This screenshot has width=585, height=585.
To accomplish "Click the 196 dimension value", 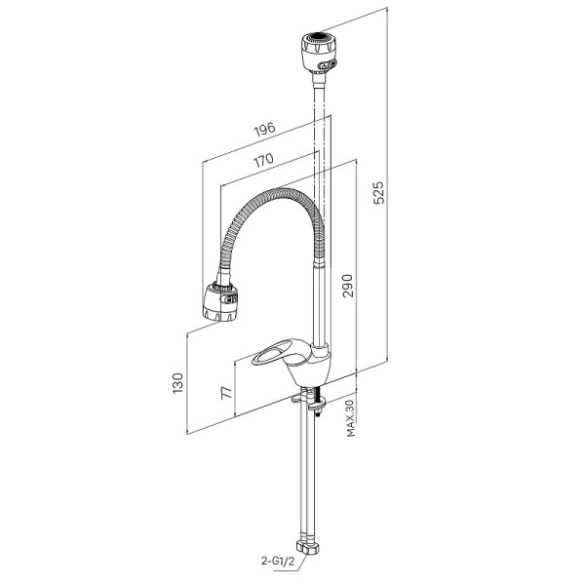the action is click(264, 129).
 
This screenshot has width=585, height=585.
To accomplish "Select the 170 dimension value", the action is click(263, 160).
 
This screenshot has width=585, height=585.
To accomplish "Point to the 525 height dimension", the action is click(378, 192).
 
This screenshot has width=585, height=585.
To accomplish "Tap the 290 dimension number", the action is click(348, 286).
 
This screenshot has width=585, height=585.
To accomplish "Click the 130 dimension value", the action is click(177, 383).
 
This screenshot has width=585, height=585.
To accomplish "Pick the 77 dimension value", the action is click(227, 393).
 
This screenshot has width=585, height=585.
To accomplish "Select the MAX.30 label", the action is click(351, 419).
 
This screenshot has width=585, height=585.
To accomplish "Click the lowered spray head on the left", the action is click(220, 301).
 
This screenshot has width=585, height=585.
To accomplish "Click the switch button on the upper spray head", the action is click(326, 65).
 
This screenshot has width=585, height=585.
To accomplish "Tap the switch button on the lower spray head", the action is click(230, 298).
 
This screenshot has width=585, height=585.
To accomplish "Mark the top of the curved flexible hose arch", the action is click(285, 190).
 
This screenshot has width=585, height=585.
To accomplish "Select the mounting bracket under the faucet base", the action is click(309, 400).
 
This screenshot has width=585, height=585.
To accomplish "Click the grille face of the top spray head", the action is click(320, 37).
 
